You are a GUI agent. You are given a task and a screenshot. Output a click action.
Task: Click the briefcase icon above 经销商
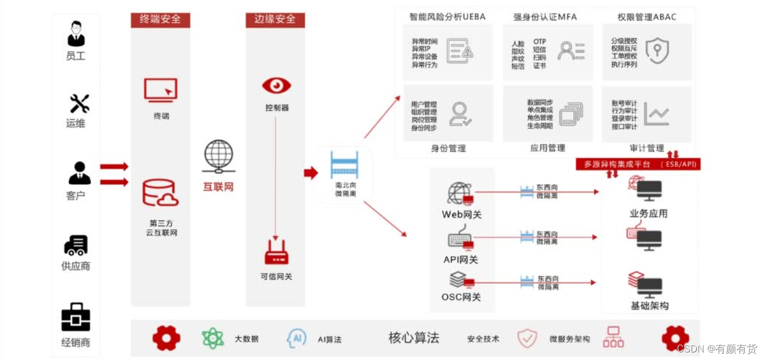click(76, 318)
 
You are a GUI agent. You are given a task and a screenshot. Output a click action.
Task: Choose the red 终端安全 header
click(160, 19)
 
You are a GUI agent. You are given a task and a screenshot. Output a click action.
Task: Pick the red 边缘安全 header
click(275, 19)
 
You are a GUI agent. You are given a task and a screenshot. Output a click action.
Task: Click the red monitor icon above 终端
click(161, 91)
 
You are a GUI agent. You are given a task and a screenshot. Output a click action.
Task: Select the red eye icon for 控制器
click(276, 85)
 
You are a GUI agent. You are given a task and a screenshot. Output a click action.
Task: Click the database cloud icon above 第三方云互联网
click(160, 194)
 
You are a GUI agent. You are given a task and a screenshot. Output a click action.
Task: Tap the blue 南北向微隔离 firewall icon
click(344, 165)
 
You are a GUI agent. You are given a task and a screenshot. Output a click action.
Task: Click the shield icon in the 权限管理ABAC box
click(657, 51)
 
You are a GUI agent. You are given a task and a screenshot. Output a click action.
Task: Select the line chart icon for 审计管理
click(657, 114)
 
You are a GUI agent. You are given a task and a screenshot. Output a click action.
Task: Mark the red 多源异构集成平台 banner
click(638, 165)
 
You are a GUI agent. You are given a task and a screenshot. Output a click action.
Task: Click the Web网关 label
click(462, 215)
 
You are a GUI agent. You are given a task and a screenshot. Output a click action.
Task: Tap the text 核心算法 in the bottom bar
click(414, 338)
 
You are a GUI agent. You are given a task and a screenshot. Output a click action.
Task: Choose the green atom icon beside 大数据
click(212, 338)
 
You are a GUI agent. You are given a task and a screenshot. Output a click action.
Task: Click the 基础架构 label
click(649, 306)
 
